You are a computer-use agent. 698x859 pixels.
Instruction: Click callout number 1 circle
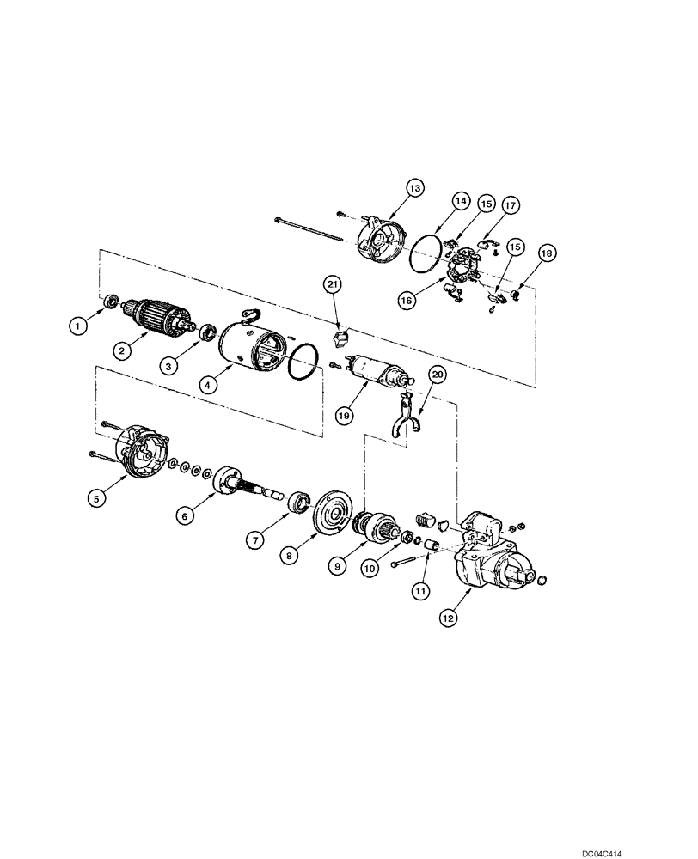tap(78, 326)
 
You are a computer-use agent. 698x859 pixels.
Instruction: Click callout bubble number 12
tap(448, 615)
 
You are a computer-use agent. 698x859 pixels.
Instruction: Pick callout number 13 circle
tap(415, 188)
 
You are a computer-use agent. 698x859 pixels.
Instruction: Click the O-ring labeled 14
tap(428, 255)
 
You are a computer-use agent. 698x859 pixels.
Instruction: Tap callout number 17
tap(510, 205)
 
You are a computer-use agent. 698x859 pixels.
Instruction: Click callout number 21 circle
tap(334, 283)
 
